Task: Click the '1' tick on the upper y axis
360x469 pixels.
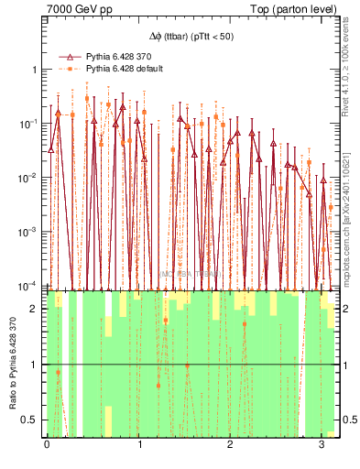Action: click(x=35, y=71)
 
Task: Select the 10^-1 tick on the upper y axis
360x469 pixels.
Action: click(x=30, y=124)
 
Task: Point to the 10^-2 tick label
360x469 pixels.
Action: click(x=30, y=178)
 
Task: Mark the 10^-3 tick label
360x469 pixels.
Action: click(x=30, y=232)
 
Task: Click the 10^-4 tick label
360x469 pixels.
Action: click(x=30, y=285)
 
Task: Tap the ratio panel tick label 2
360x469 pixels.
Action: click(x=35, y=309)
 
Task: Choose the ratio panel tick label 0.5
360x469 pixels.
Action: click(x=31, y=420)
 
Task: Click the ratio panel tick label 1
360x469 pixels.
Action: click(x=35, y=365)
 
